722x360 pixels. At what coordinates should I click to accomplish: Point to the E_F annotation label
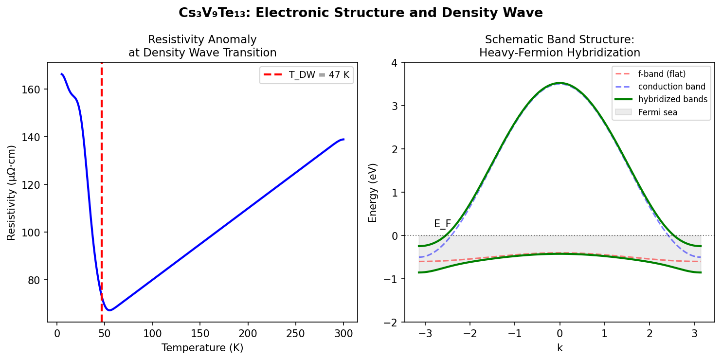pos(442,224)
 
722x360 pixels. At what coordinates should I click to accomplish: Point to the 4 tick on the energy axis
pos(394,63)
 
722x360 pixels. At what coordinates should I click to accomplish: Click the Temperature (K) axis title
pos(202,348)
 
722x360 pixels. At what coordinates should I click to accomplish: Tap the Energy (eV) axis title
pos(373,193)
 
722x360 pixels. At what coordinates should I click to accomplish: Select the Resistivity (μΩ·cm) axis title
pos(11,193)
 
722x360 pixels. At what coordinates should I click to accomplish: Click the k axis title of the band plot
pos(560,348)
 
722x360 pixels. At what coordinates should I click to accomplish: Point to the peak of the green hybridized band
pos(560,83)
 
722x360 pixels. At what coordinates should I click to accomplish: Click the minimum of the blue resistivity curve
pos(110,310)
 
